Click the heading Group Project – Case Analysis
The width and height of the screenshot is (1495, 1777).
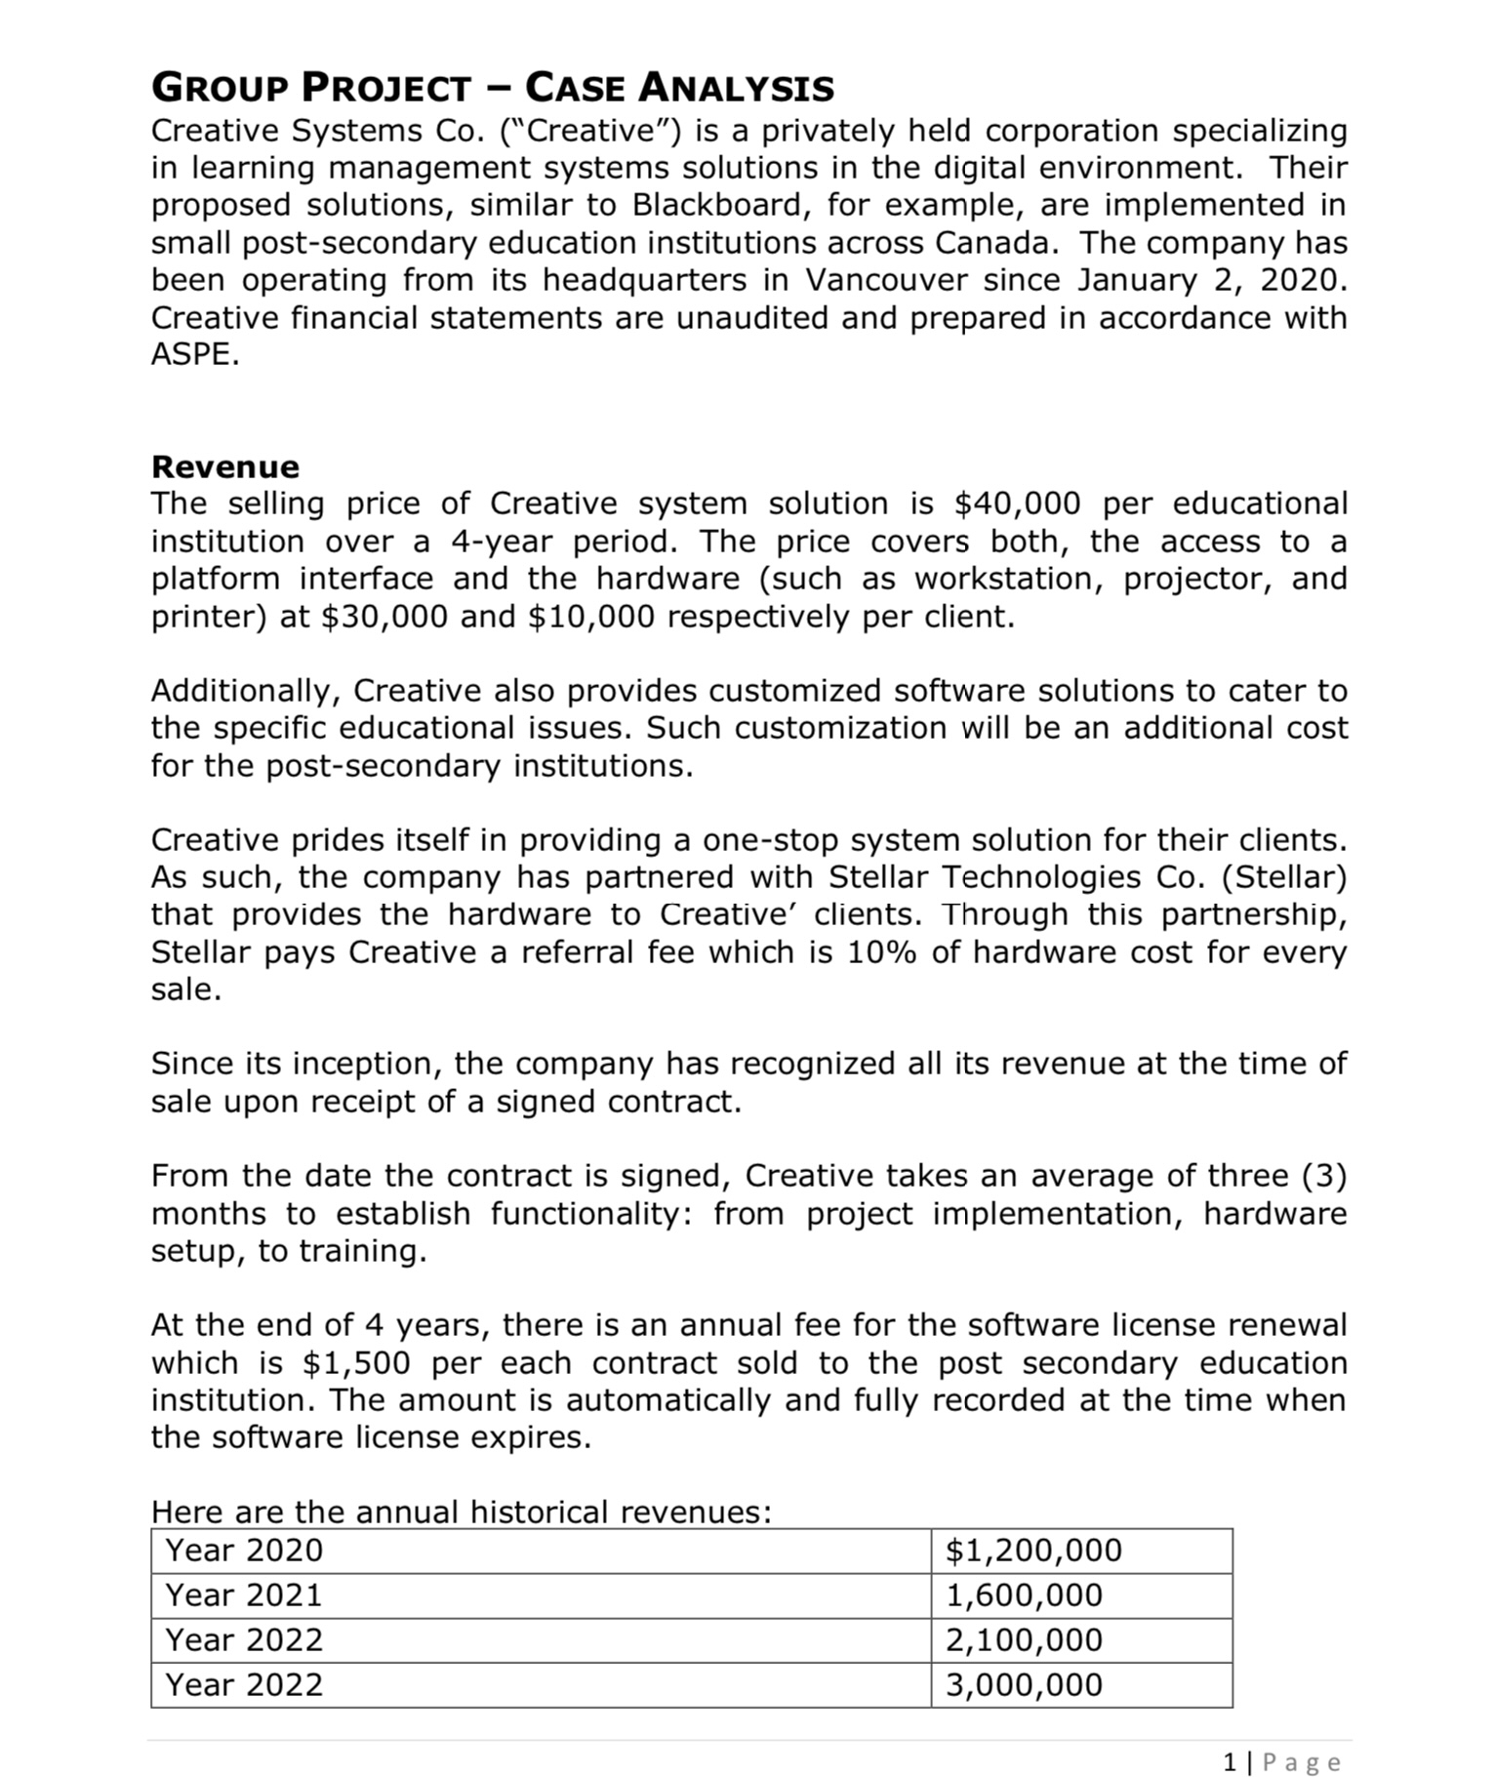click(x=493, y=88)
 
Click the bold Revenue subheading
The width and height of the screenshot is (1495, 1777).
click(x=225, y=466)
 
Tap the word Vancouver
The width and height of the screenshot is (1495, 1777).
click(x=887, y=280)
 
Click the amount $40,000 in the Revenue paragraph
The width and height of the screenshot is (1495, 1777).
click(x=1017, y=504)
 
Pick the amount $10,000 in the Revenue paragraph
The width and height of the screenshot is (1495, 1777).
click(x=590, y=617)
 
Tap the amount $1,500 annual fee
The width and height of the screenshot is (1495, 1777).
click(x=356, y=1362)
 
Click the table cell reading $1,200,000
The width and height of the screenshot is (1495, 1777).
click(x=1033, y=1550)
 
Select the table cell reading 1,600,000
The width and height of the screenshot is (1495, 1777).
click(x=1024, y=1595)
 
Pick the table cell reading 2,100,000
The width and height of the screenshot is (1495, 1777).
click(x=1024, y=1639)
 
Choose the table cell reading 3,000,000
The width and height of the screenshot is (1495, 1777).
click(x=1024, y=1684)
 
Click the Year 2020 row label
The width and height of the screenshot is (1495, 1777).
click(x=244, y=1550)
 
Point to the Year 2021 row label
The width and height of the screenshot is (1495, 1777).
click(x=244, y=1595)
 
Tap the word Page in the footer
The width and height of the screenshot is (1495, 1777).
click(x=1302, y=1761)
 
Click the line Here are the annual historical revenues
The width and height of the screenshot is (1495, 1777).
click(x=461, y=1512)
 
